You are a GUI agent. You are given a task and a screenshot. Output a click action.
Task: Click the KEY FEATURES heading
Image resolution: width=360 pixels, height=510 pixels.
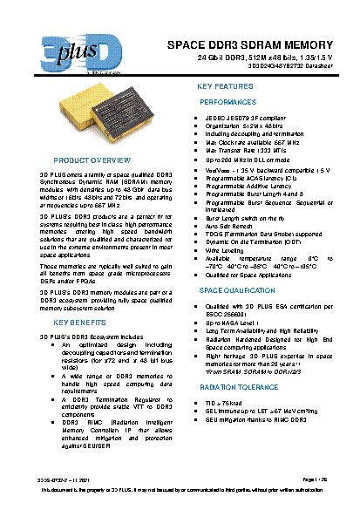tap(226, 87)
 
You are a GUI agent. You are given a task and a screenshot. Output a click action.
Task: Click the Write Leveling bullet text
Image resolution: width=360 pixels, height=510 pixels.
tap(231, 249)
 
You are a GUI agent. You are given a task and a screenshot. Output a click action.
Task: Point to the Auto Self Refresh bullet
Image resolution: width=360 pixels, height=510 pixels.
tap(234, 226)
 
